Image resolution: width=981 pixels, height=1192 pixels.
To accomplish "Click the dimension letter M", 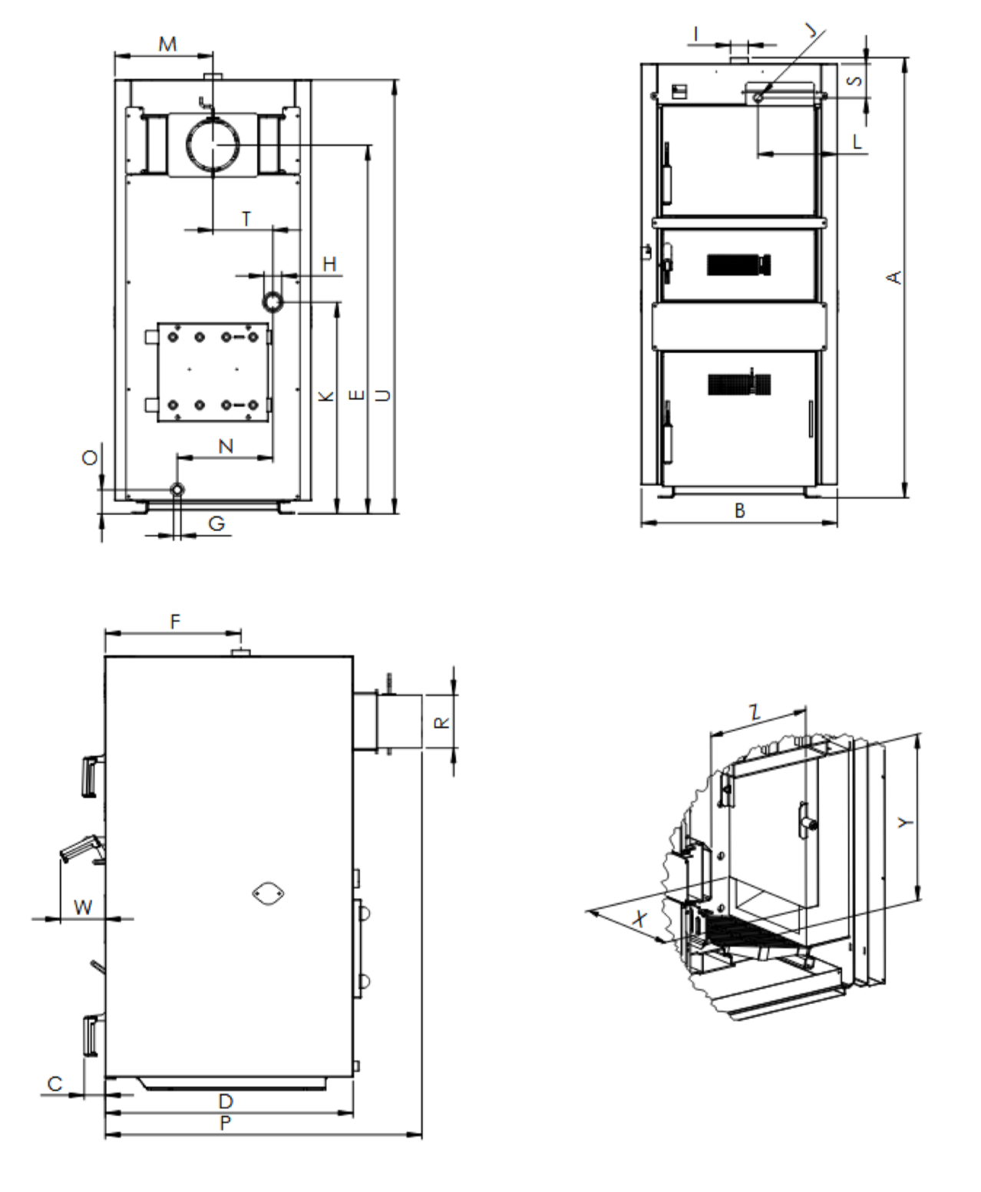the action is (x=167, y=44).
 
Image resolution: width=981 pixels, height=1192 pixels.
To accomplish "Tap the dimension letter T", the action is (x=246, y=219).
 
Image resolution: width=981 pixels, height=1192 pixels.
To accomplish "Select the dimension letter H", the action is (x=329, y=264).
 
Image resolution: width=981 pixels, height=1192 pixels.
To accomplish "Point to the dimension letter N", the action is (x=226, y=447).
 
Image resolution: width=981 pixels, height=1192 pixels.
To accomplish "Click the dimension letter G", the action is (x=216, y=523).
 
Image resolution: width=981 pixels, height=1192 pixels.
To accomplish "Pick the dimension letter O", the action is (x=90, y=457).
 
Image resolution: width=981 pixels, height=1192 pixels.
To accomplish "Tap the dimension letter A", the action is (x=893, y=278).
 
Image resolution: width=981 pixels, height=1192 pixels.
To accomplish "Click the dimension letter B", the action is (x=739, y=511).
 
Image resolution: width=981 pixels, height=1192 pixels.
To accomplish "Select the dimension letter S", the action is (x=856, y=81).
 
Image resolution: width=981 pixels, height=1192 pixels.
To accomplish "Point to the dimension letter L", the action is (x=857, y=142).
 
